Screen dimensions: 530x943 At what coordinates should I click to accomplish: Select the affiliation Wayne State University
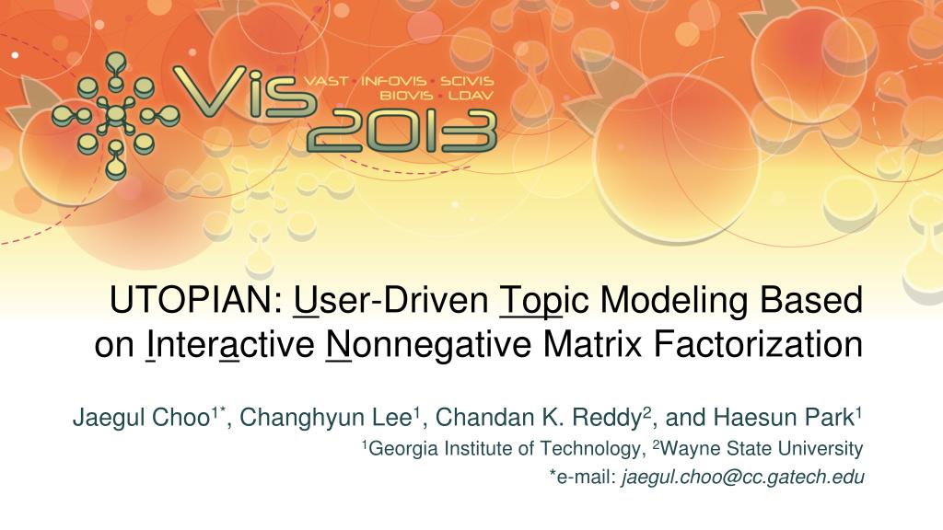click(761, 449)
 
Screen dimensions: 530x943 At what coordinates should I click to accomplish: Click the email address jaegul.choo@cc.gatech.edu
click(743, 476)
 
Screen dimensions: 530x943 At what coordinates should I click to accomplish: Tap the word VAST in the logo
click(328, 80)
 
